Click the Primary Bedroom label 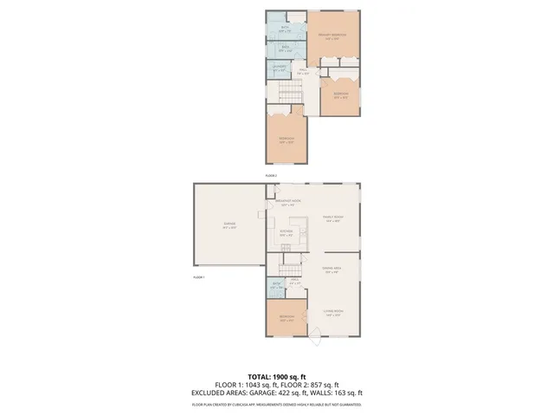click(x=335, y=36)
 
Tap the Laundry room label click(x=279, y=69)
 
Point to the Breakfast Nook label click(x=287, y=203)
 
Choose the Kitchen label click(x=287, y=231)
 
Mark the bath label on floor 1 click(x=275, y=285)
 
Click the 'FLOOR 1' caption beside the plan click(x=198, y=277)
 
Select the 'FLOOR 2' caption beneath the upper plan click(x=270, y=175)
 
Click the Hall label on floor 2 click(x=302, y=72)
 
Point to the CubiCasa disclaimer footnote click(x=277, y=404)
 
